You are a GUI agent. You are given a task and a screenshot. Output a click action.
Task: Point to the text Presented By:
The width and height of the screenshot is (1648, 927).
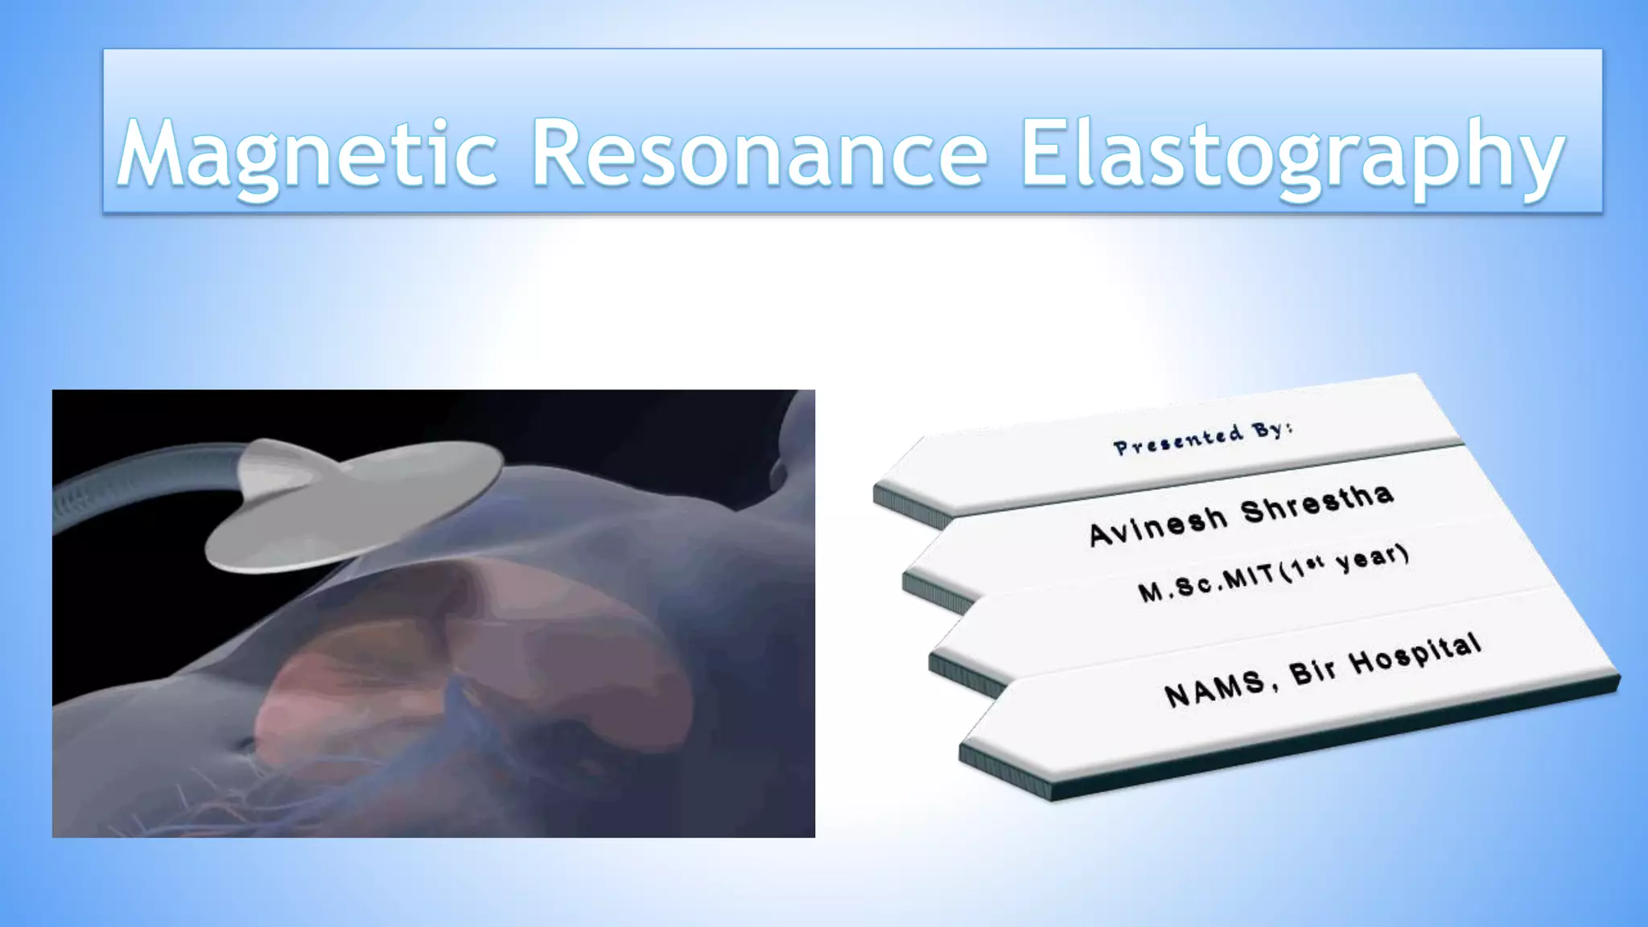point(1203,438)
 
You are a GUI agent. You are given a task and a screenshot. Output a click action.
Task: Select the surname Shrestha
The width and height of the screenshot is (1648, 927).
point(1316,504)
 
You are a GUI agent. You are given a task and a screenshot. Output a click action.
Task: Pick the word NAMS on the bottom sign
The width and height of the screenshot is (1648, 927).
point(1217,689)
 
